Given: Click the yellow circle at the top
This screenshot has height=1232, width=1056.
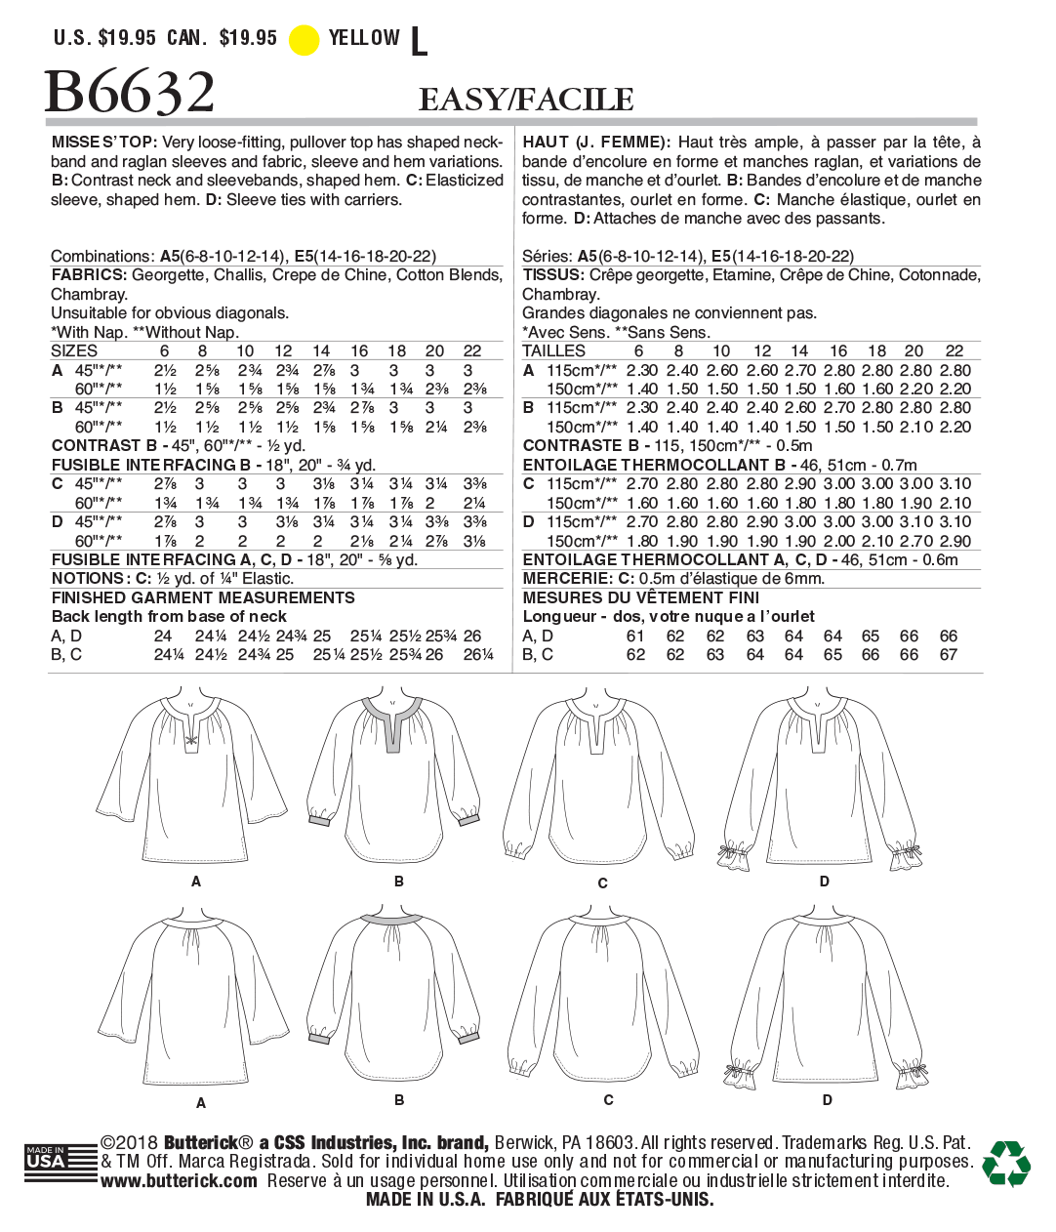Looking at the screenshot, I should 304,39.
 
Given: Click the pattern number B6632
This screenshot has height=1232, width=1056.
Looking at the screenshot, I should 130,93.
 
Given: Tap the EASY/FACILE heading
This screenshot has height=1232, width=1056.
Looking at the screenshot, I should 526,100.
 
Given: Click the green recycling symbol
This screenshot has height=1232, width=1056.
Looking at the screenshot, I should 1006,1163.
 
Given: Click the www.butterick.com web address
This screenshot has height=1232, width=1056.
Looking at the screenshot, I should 179,1181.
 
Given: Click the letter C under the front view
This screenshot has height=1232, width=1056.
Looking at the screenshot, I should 602,883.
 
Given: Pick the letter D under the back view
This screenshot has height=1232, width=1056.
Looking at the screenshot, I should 828,1100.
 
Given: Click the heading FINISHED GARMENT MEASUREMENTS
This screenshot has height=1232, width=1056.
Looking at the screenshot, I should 203,597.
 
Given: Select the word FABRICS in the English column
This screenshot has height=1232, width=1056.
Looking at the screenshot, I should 89,275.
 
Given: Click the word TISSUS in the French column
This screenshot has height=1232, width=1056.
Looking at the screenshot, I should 552,275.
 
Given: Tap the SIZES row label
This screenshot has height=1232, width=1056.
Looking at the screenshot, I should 74,350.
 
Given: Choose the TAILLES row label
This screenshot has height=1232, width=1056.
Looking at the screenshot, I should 553,350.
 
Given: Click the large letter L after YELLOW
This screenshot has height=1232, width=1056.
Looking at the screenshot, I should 419,41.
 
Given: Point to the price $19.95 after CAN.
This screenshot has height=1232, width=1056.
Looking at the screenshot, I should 248,38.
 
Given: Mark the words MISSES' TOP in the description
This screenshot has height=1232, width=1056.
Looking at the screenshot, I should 102,143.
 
